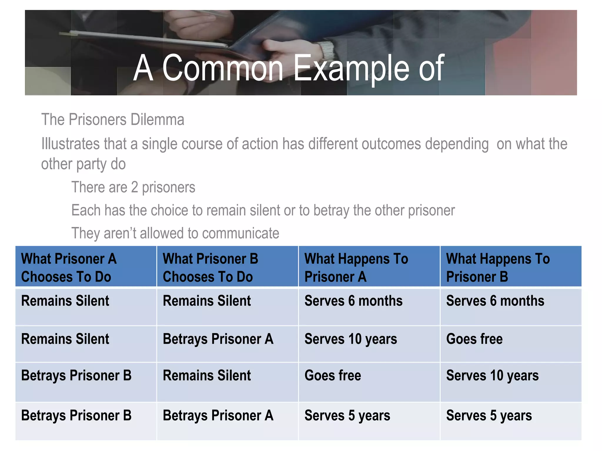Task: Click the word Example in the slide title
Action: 351,68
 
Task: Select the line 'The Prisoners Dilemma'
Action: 113,120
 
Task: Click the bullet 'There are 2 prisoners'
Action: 133,187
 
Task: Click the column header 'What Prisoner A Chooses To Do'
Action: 69,267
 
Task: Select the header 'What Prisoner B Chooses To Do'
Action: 210,267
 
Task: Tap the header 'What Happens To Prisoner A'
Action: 356,267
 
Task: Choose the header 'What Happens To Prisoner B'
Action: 498,267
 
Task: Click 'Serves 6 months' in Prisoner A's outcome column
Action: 353,301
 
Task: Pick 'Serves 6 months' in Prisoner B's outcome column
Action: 495,301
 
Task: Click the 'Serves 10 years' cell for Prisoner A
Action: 351,339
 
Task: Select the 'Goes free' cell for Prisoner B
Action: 474,339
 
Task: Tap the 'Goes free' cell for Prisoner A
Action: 332,376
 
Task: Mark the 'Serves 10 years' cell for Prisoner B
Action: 492,376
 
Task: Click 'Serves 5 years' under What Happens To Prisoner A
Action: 347,415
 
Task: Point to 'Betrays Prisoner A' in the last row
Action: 218,415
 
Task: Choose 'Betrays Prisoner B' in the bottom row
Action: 76,415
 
